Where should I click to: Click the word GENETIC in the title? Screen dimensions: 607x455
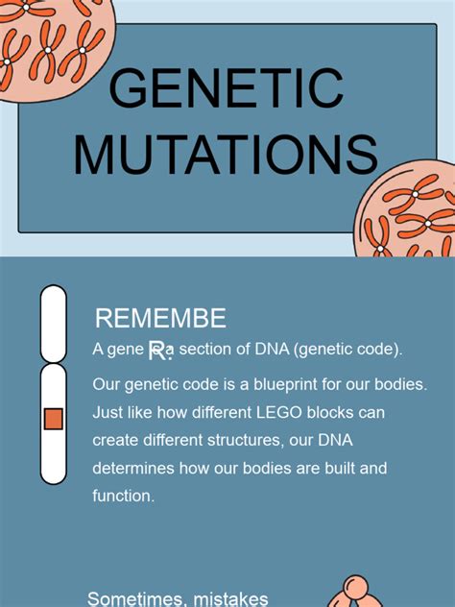[227, 88]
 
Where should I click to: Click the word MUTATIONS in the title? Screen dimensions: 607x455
[227, 156]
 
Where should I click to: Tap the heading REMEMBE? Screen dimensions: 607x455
[161, 319]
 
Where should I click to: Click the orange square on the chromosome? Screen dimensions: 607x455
[54, 419]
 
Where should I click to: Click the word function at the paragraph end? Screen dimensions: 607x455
[122, 497]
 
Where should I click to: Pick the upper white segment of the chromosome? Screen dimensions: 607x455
[54, 323]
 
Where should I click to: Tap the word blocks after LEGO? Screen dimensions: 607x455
[330, 413]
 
